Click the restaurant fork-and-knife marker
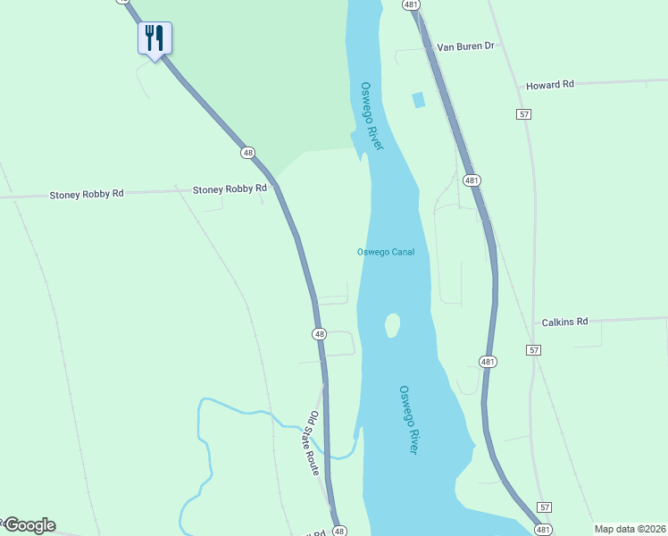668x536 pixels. coord(154,38)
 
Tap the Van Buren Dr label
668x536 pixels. coord(465,46)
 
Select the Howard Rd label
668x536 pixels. coord(549,85)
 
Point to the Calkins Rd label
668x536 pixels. coord(564,322)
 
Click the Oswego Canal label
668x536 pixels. coord(386,252)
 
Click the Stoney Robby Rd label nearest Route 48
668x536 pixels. coord(230,189)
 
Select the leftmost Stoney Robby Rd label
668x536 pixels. coord(87,194)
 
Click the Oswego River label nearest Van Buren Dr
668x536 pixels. coord(372,116)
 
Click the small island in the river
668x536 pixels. coord(391,325)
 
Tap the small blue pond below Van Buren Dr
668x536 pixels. coord(418,100)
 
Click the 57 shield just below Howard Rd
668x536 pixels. coord(524,114)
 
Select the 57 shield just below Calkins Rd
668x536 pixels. coord(532,350)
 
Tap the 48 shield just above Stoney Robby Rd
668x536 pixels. coord(246,153)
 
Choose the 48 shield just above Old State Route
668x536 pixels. coord(319,334)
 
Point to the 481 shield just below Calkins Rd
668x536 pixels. coord(488,361)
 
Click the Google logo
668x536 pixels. coord(29,525)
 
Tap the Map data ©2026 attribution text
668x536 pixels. coord(629,529)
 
